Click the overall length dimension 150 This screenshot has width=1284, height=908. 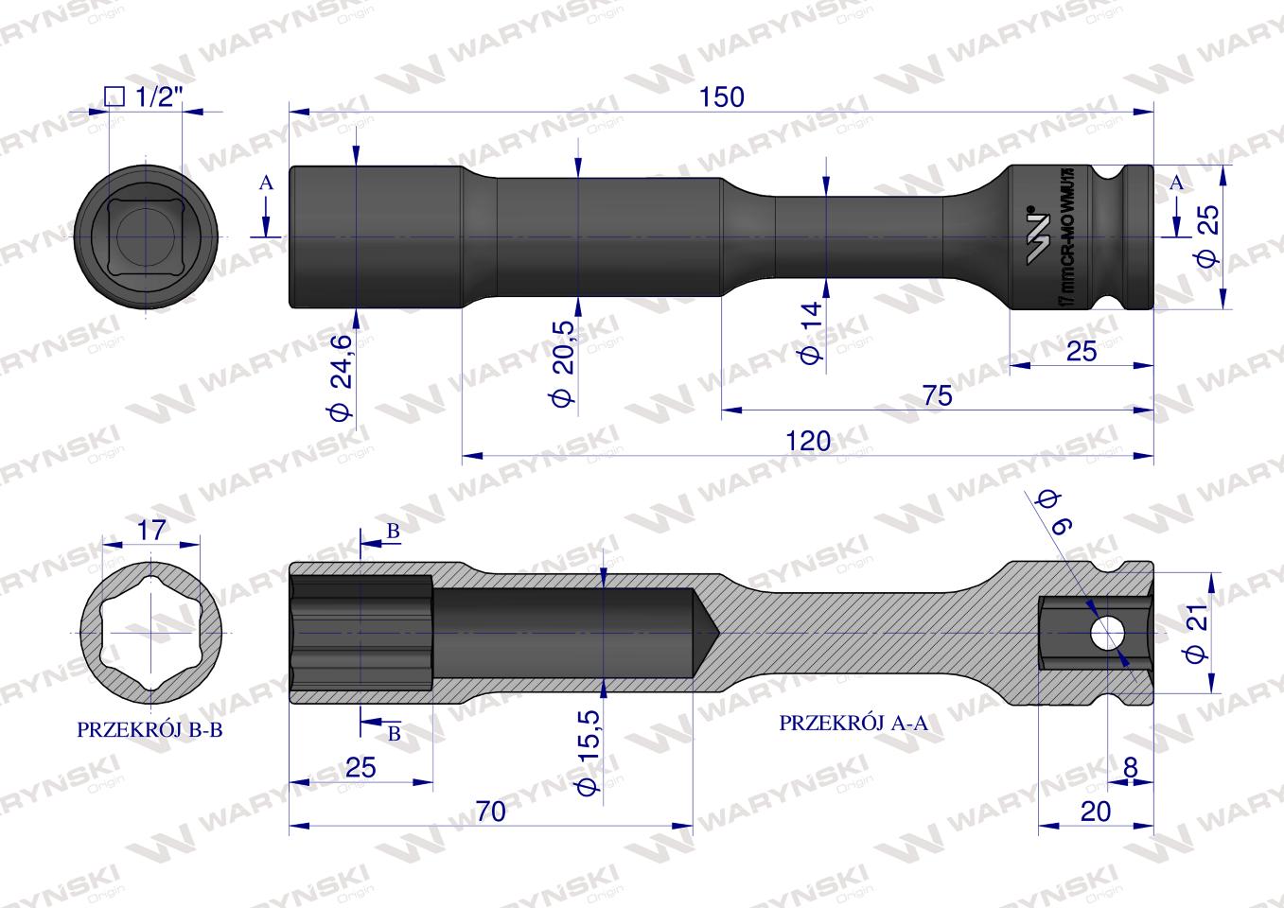pos(722,96)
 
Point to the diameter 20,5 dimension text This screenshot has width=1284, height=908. pos(565,362)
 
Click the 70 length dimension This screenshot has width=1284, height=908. pos(491,811)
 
